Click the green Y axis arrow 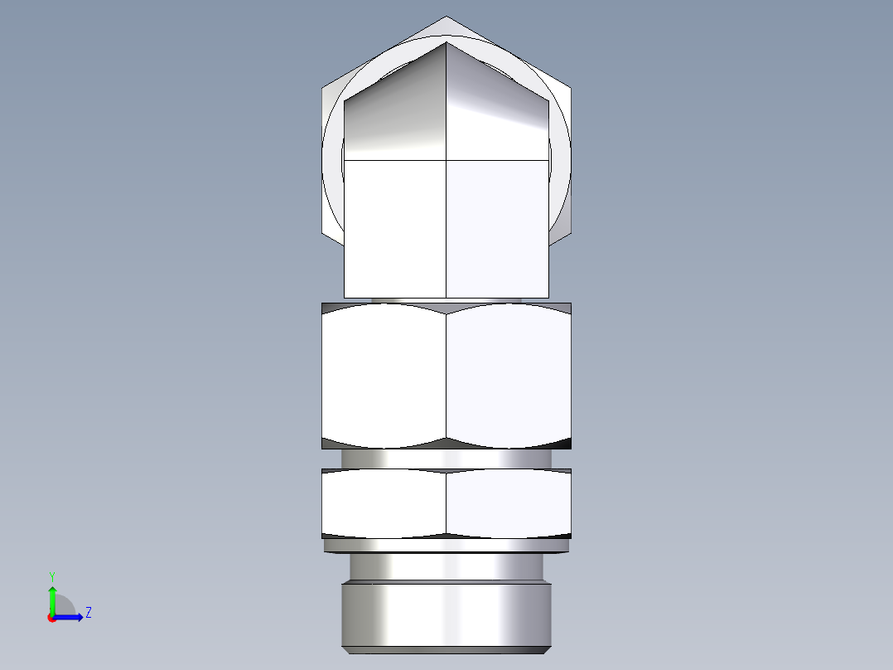point(52,598)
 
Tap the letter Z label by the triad point(88,613)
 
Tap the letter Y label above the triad point(51,575)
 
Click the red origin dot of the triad point(51,618)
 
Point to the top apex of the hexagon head point(446,17)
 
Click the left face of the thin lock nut point(384,502)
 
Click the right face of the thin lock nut point(509,502)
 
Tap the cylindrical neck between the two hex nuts point(446,459)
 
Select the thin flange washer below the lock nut point(446,546)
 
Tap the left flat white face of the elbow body point(395,228)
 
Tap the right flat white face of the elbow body point(497,228)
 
